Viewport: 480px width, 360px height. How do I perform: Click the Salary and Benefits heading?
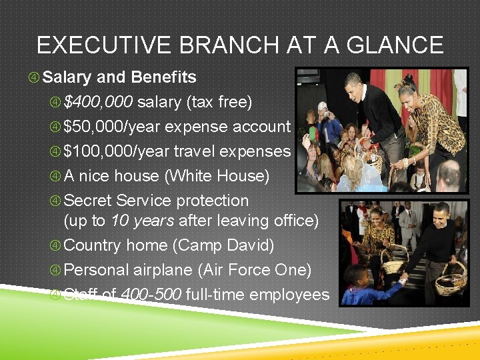pyautogui.click(x=119, y=77)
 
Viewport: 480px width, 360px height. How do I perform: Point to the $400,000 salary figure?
pyautogui.click(x=99, y=102)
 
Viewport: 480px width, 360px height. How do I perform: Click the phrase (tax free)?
pyautogui.click(x=219, y=102)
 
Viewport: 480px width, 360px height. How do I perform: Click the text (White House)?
pyautogui.click(x=217, y=176)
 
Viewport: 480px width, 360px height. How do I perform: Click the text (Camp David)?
pyautogui.click(x=223, y=245)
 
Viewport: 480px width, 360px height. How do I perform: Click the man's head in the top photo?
pyautogui.click(x=355, y=85)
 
